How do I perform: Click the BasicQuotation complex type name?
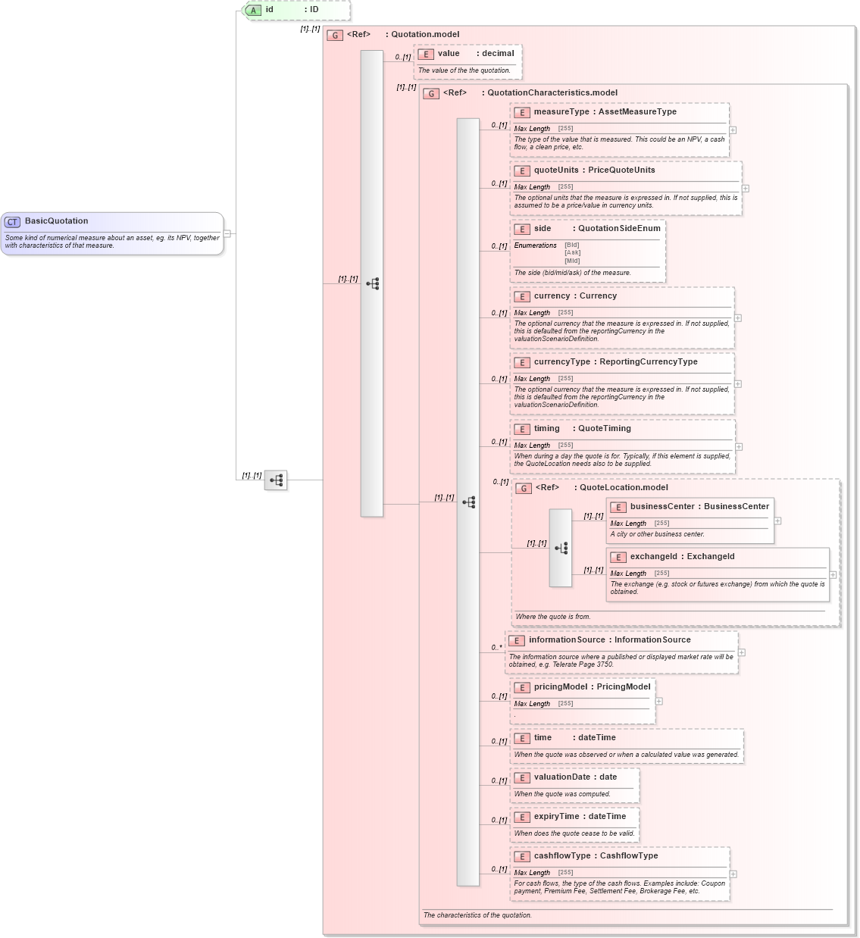click(x=56, y=221)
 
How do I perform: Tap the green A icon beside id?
click(x=254, y=11)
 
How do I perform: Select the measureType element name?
click(x=561, y=112)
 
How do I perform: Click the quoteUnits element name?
click(x=555, y=170)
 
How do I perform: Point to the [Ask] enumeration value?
click(x=572, y=253)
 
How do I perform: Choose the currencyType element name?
click(x=561, y=362)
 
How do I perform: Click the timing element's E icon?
click(x=521, y=430)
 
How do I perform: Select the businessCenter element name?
click(x=661, y=507)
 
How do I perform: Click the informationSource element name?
click(x=567, y=640)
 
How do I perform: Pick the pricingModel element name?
click(x=560, y=687)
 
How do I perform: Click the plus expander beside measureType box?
click(x=733, y=130)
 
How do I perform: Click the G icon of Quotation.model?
click(x=335, y=36)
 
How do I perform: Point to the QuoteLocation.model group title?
click(x=624, y=488)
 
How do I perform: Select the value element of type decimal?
click(x=449, y=54)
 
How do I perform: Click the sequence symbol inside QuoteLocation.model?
click(x=561, y=549)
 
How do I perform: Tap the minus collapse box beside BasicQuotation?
click(x=227, y=233)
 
